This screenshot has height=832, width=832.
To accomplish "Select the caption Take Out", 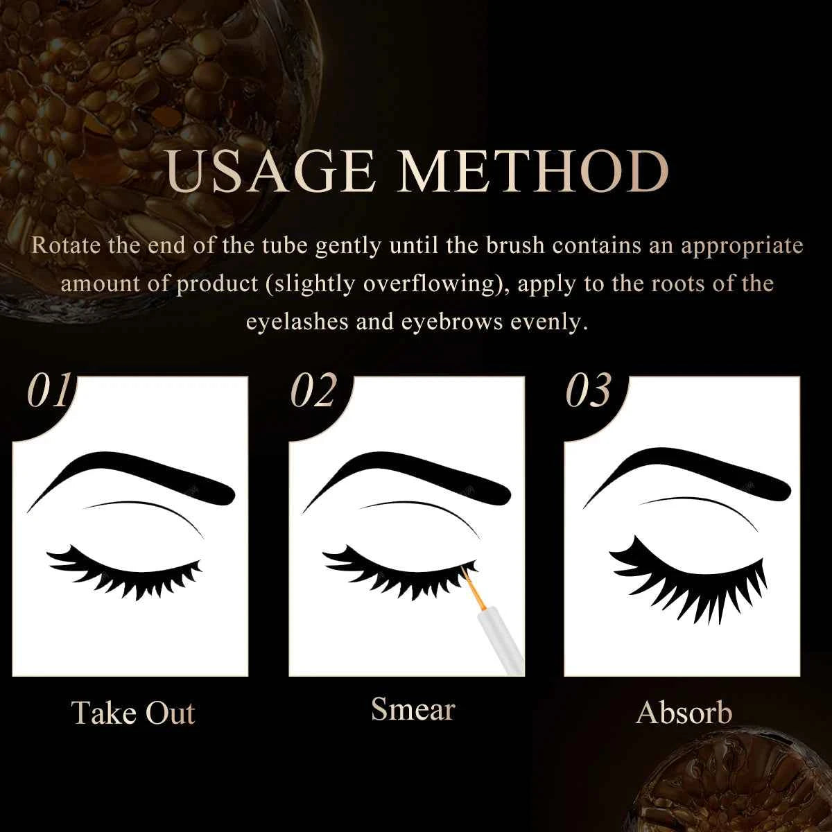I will point(133,713).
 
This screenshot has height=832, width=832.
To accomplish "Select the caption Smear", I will point(413,709).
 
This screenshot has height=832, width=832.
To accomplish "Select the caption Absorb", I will point(684,713).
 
